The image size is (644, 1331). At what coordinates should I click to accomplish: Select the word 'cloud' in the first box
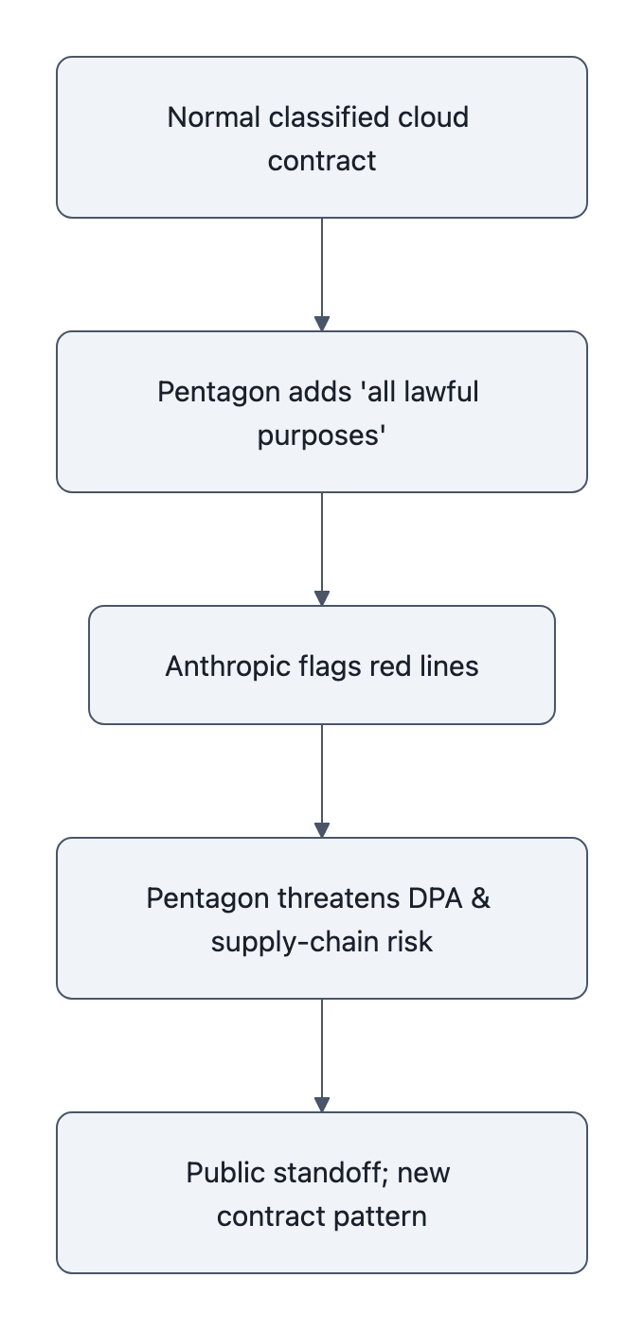pyautogui.click(x=435, y=117)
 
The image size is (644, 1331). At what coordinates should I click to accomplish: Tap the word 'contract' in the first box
pyautogui.click(x=322, y=160)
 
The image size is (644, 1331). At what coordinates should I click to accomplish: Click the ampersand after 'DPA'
pyautogui.click(x=481, y=897)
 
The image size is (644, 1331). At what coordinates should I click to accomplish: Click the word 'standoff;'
pyautogui.click(x=335, y=1172)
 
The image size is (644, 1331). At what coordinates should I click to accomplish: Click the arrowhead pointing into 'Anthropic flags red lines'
pyautogui.click(x=322, y=598)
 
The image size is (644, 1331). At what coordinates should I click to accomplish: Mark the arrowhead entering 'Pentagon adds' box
pyautogui.click(x=322, y=324)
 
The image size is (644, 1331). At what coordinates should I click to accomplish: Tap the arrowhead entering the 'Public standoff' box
pyautogui.click(x=322, y=1105)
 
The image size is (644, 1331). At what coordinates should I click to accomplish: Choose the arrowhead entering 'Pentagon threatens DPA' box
pyautogui.click(x=322, y=830)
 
